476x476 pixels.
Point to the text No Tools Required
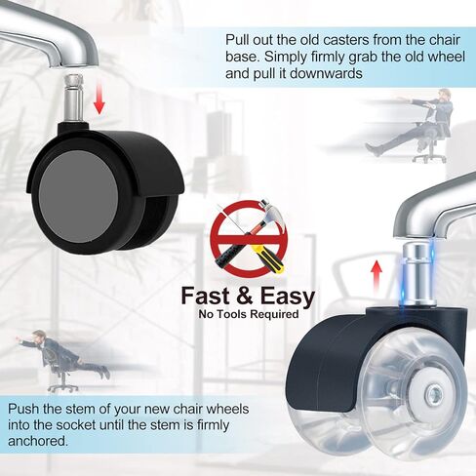coord(249,314)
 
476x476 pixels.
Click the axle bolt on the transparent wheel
coord(434,396)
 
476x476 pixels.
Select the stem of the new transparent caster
coord(417,275)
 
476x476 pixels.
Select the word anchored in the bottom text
coord(38,441)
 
